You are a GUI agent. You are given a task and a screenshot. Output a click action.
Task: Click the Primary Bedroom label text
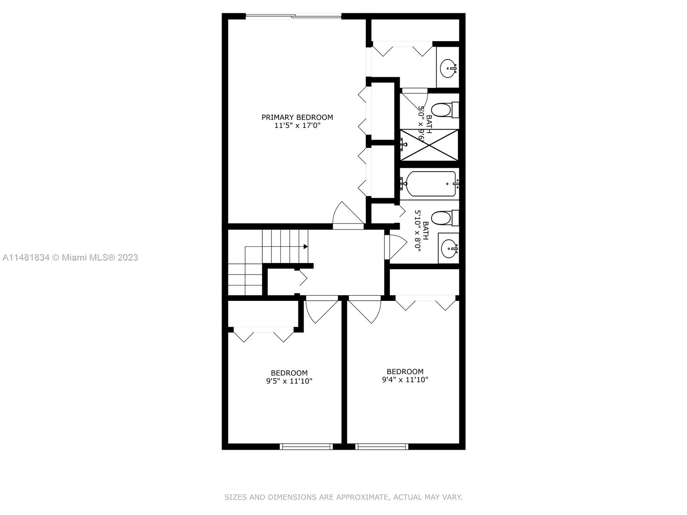(297, 117)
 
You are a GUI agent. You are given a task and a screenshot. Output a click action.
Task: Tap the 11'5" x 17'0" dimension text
(297, 126)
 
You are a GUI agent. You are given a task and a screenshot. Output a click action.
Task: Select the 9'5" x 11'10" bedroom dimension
(289, 381)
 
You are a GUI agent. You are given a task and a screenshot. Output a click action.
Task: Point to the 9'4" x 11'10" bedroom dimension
(405, 380)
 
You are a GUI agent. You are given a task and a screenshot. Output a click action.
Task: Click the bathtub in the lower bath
(429, 184)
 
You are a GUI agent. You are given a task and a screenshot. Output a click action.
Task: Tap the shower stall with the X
(429, 145)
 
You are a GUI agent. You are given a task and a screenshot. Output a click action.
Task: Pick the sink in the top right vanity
(449, 68)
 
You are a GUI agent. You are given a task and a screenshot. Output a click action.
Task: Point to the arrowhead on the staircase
(305, 247)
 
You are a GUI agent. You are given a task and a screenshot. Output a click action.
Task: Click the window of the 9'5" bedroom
(306, 446)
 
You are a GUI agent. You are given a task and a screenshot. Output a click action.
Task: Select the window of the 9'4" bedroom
(382, 446)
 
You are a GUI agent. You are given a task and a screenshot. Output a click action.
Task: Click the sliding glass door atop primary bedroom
(293, 16)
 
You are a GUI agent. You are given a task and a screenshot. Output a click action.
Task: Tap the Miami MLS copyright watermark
(70, 257)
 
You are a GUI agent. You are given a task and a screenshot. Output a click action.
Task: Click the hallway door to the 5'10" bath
(395, 247)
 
